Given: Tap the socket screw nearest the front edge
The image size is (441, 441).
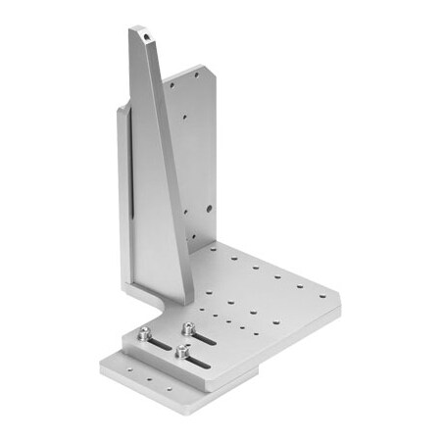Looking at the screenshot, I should coord(182,349).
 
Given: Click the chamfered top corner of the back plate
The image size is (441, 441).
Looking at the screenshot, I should coord(204,69).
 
